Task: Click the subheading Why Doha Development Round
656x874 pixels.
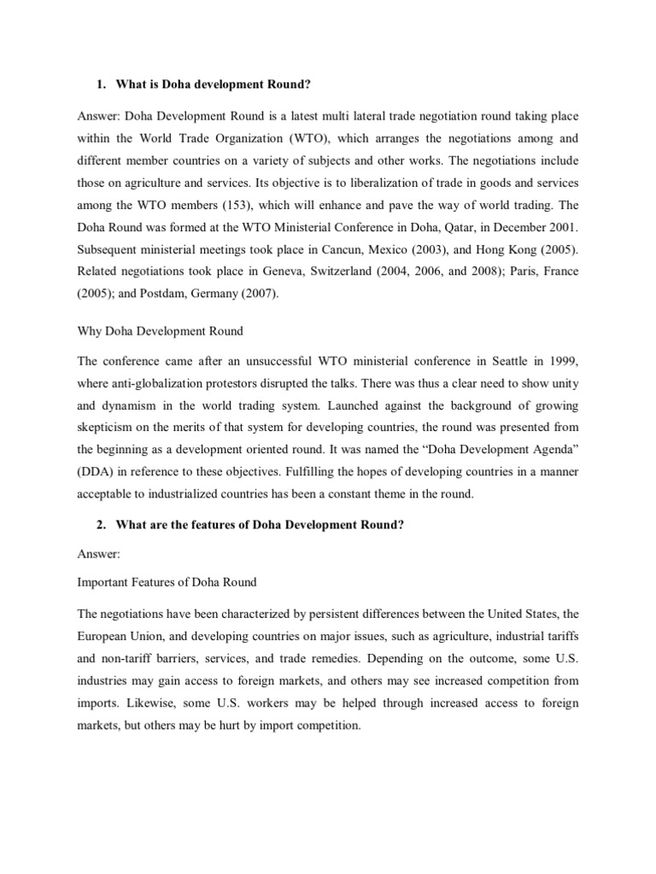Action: [x=161, y=330]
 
